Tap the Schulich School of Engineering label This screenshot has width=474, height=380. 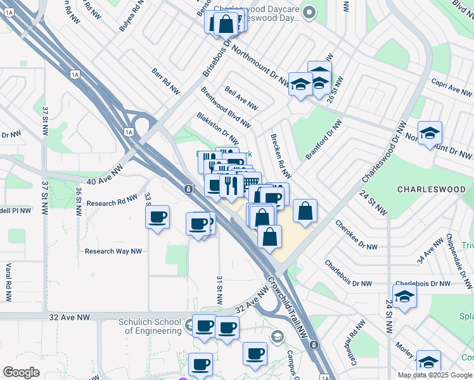(150, 326)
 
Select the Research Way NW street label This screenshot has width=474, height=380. (113, 251)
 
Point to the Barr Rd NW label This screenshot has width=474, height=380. (166, 82)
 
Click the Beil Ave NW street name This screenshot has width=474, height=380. (241, 98)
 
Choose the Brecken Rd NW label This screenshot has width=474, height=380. (281, 156)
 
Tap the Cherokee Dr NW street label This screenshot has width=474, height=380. (356, 234)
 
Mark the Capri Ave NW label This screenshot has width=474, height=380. (452, 88)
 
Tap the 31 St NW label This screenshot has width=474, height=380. (220, 288)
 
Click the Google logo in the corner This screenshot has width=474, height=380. (21, 372)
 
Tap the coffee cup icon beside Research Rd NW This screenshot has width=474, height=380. (157, 217)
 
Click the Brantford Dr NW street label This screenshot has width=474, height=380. (319, 145)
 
